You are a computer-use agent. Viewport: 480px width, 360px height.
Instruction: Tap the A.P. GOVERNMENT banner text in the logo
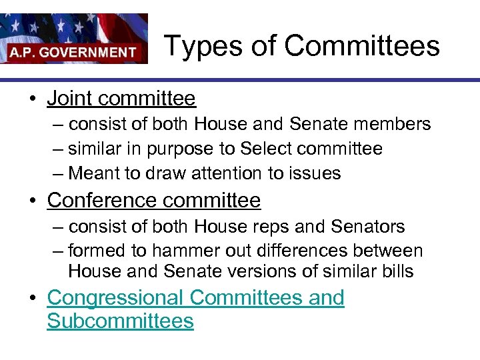(73, 51)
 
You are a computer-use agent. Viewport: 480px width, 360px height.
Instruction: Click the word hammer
(181, 251)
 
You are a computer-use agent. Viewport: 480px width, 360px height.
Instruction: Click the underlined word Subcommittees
(120, 321)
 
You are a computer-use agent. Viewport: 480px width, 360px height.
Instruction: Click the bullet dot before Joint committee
(31, 100)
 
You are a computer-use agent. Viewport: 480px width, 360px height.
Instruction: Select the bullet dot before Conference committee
(31, 201)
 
